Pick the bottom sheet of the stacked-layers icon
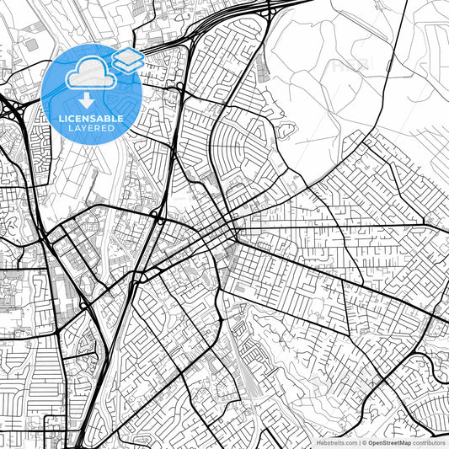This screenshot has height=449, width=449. [x=129, y=65]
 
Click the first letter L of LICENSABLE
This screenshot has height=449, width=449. [x=60, y=118]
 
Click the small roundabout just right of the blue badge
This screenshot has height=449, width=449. [x=180, y=86]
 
